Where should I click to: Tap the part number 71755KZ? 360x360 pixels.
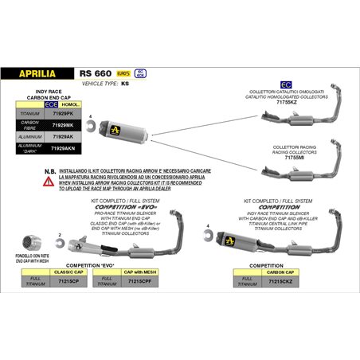click(x=285, y=102)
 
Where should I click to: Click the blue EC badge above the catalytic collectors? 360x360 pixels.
click(x=285, y=84)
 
